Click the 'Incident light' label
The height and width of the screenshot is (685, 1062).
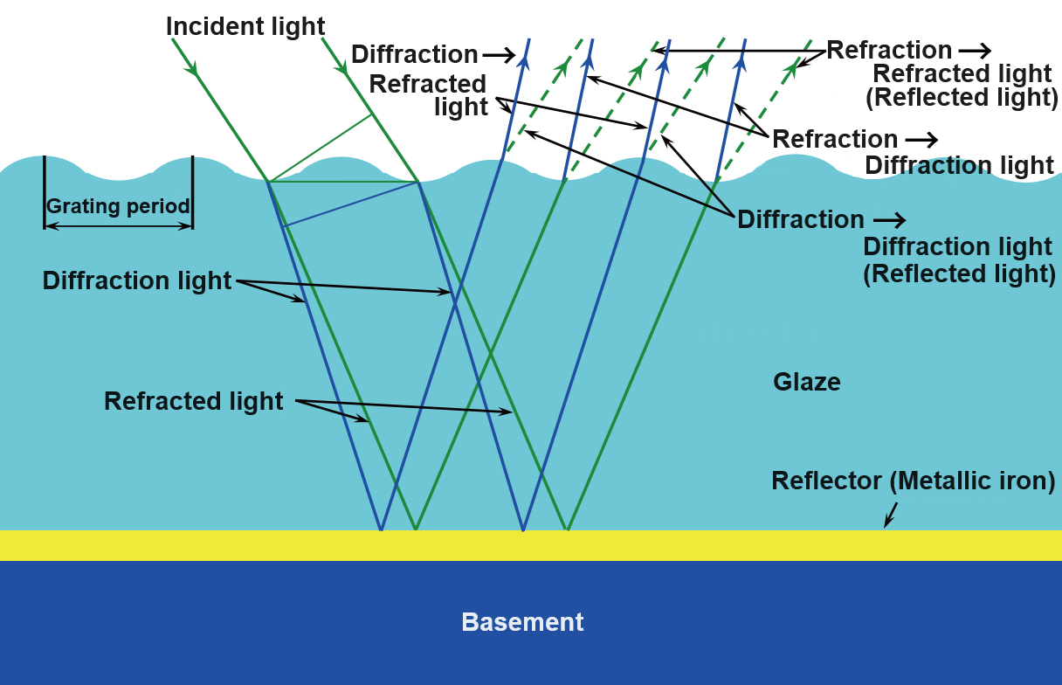pos(245,26)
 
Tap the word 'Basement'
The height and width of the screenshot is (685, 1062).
pos(522,622)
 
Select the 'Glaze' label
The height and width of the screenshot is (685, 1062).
pos(807,382)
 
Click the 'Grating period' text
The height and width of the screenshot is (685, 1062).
pos(118,207)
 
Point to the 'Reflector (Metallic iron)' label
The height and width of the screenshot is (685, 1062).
pos(914,481)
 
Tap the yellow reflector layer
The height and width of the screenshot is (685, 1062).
pos(531,545)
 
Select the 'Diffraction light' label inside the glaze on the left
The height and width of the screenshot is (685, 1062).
pos(137,281)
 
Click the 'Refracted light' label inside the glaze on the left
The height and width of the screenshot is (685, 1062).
pos(193,401)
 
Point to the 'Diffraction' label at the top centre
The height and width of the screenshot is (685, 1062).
pos(414,54)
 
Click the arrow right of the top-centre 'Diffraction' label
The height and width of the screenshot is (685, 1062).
pos(499,54)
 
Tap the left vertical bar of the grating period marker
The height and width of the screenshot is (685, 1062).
pos(44,192)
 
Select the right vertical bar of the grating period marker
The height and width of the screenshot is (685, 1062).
pos(192,192)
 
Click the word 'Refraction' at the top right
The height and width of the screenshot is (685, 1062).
pos(889,50)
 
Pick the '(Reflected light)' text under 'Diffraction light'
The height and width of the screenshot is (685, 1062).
pos(959,273)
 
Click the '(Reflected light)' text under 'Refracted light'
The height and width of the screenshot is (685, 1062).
pos(962,97)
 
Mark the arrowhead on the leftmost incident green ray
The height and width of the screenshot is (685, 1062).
pos(191,67)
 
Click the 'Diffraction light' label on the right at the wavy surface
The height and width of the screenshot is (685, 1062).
pos(959,165)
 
